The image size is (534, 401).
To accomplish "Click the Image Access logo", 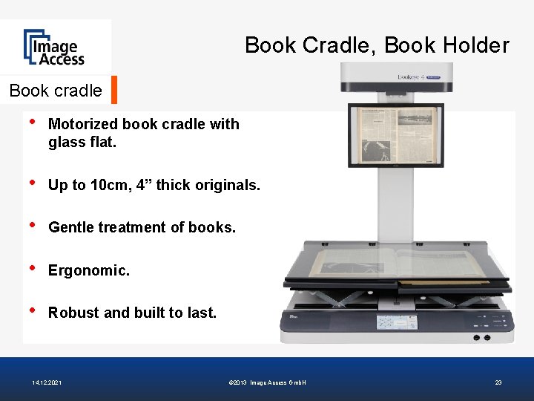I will pos(53,48).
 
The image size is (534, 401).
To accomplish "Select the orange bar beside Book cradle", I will pos(114,90).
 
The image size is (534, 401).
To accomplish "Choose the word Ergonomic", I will pos(88,270).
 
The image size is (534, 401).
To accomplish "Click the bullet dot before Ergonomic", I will pos(33,269).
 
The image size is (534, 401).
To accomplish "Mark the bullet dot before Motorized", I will pos(33,123).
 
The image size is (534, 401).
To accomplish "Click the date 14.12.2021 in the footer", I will pos(47,382).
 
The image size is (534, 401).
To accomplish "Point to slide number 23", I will pos(498,382).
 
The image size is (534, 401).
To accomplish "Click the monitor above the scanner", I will pos(395,134).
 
